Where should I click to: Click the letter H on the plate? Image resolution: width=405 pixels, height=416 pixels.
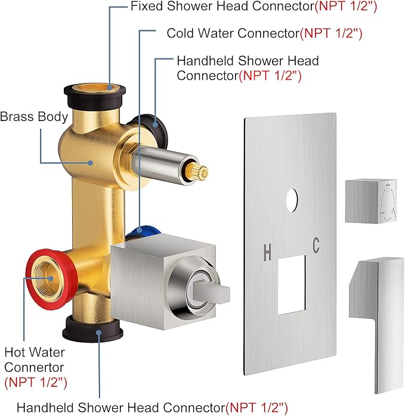tap(267, 252)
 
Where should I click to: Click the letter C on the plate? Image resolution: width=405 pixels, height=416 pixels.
tap(316, 245)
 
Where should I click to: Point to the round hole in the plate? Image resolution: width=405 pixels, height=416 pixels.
tap(292, 200)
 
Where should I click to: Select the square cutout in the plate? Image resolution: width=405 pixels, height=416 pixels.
tap(292, 285)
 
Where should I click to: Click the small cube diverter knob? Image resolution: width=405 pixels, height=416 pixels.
tap(371, 201)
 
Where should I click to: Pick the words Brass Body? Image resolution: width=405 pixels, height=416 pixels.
tap(34, 117)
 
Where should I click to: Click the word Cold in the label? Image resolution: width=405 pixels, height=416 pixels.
tap(180, 33)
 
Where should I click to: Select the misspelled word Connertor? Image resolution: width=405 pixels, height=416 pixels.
tap(34, 368)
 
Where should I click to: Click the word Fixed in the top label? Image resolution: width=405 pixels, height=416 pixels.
tap(147, 6)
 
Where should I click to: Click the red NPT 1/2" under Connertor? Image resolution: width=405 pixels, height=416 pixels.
tap(36, 383)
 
